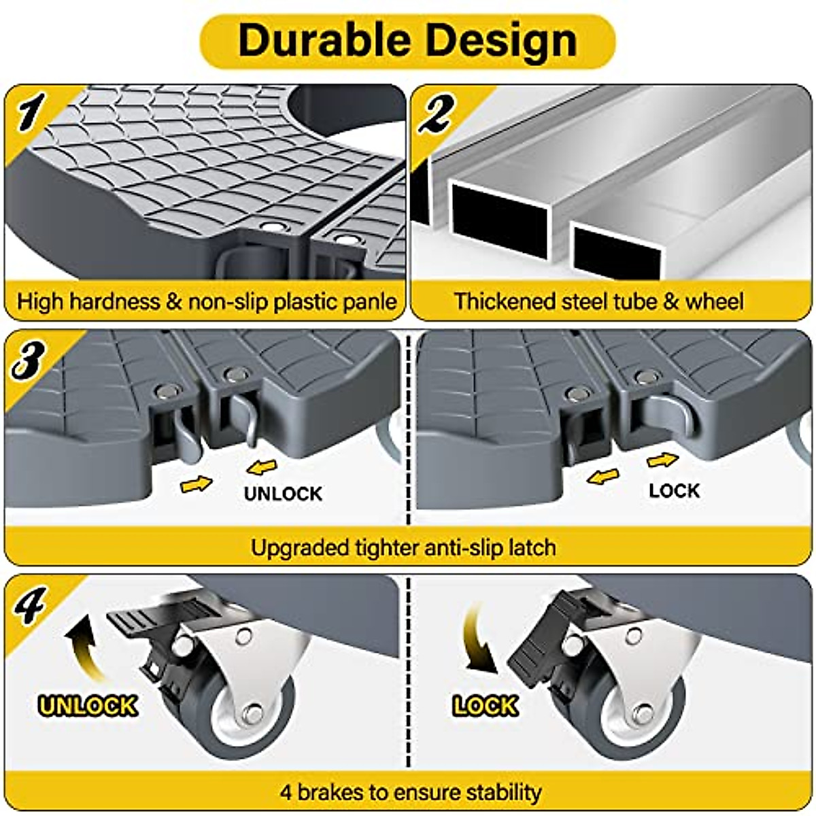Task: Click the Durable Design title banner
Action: (x=407, y=41)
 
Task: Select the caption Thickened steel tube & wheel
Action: (x=599, y=301)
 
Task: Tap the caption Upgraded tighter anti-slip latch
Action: (x=403, y=547)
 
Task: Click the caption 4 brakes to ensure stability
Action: (x=410, y=792)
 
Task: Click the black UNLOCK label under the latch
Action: (x=283, y=492)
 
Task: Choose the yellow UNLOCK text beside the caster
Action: (x=88, y=705)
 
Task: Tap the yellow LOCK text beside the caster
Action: (x=486, y=705)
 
